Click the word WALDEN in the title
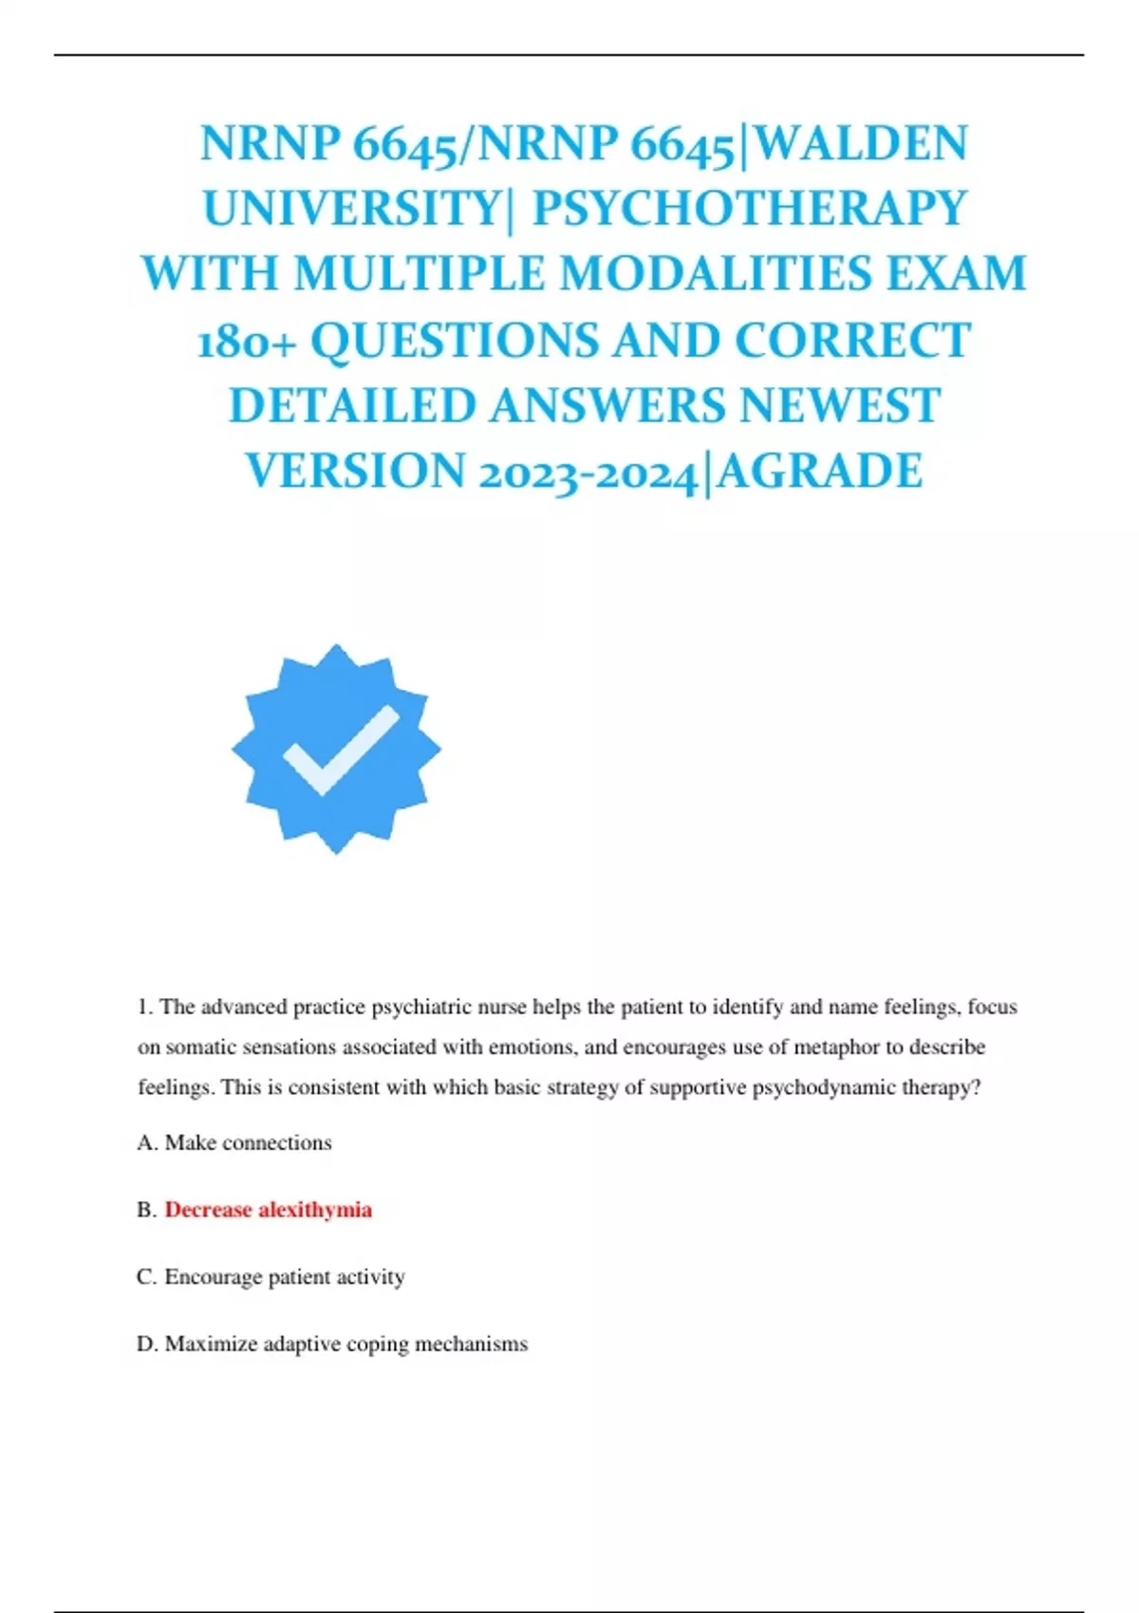(x=863, y=144)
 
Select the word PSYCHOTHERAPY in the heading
(x=749, y=209)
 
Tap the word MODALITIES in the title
(x=716, y=274)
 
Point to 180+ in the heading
(x=247, y=341)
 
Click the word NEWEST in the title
(x=839, y=406)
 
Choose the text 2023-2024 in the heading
(x=588, y=473)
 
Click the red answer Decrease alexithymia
(x=268, y=1210)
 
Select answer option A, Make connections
(x=248, y=1142)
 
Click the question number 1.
(x=144, y=1007)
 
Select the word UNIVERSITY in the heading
(x=352, y=209)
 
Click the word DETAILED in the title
(x=352, y=406)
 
